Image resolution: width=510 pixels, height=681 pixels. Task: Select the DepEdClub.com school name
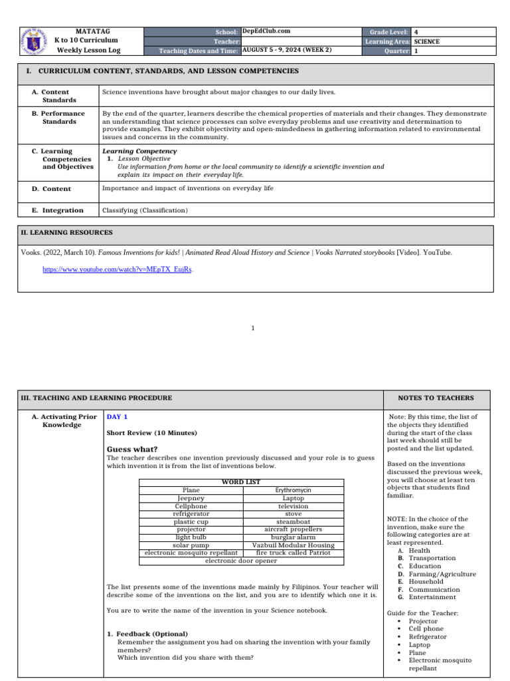click(266, 31)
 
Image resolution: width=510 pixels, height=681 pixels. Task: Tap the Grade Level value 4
click(416, 31)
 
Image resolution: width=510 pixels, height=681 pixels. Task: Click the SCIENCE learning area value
click(426, 41)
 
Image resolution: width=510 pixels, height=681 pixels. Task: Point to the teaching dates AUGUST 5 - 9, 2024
click(287, 50)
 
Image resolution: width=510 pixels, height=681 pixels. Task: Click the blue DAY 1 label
click(118, 417)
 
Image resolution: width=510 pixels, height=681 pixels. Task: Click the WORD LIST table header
click(241, 482)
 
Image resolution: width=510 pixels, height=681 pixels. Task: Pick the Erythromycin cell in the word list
click(293, 490)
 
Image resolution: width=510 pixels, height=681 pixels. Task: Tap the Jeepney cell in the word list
click(191, 498)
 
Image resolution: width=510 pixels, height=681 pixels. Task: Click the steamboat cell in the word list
click(293, 522)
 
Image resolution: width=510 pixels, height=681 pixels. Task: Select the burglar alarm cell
click(293, 537)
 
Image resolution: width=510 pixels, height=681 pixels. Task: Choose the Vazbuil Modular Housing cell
click(293, 545)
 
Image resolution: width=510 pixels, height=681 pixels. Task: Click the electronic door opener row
click(241, 561)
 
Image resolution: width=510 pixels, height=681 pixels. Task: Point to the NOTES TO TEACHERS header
click(436, 398)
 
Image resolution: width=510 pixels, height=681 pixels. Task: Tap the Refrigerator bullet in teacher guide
click(428, 636)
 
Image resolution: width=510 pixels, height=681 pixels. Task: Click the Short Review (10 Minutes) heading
click(152, 433)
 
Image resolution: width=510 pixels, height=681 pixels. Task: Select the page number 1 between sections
click(253, 328)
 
